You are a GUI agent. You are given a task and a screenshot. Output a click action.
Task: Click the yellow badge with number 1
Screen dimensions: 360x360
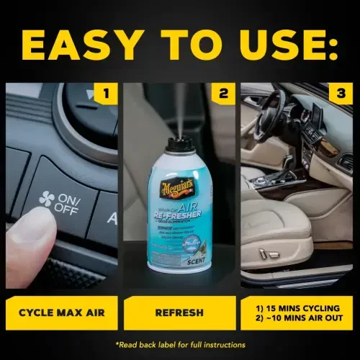[x=105, y=93]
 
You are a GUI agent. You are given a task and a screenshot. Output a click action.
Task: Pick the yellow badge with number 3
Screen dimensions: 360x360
[x=339, y=93]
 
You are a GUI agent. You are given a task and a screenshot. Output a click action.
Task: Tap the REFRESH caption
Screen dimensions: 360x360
[x=179, y=313]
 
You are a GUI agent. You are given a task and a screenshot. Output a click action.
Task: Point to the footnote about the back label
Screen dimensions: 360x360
[x=179, y=344]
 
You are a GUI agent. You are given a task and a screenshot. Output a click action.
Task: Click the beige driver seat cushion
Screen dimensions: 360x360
[x=274, y=245]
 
